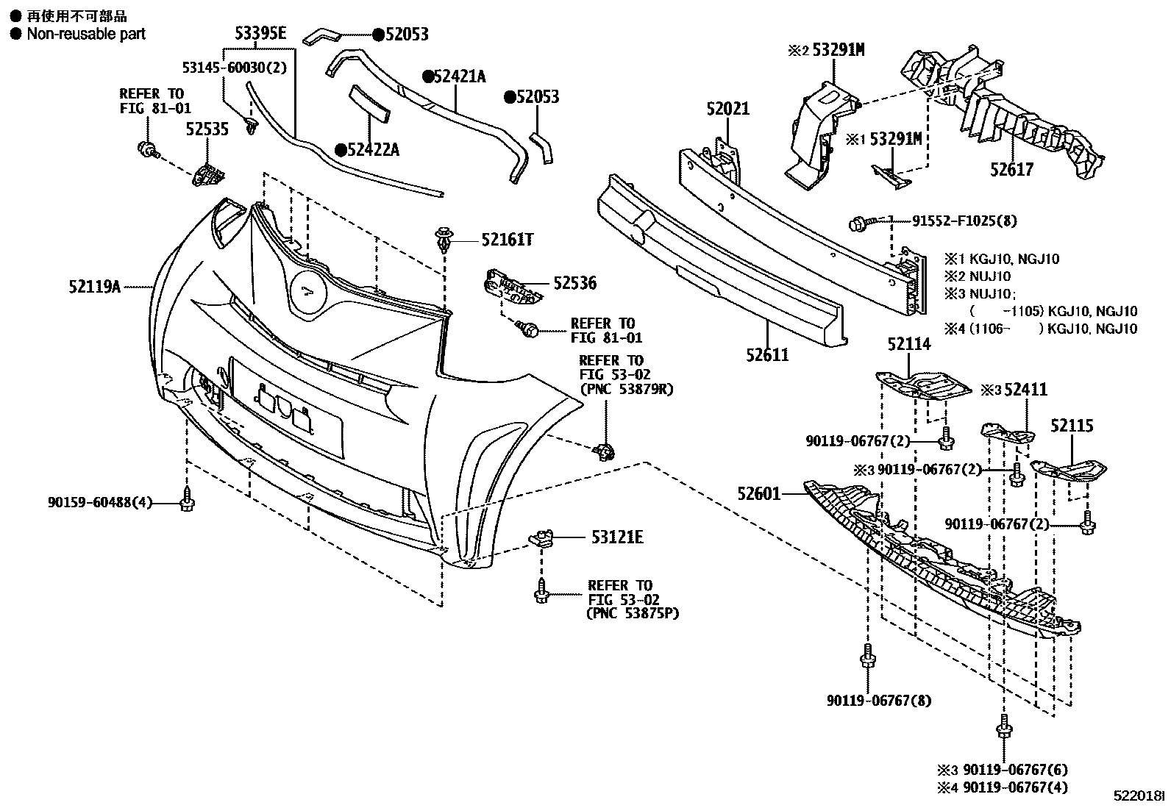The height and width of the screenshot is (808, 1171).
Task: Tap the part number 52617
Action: (1011, 170)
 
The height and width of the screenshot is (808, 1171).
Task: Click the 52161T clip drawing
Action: (442, 240)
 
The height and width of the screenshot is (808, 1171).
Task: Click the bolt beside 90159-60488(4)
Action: (187, 502)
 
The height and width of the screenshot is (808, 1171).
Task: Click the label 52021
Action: (728, 110)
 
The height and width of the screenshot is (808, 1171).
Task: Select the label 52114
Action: (908, 344)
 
